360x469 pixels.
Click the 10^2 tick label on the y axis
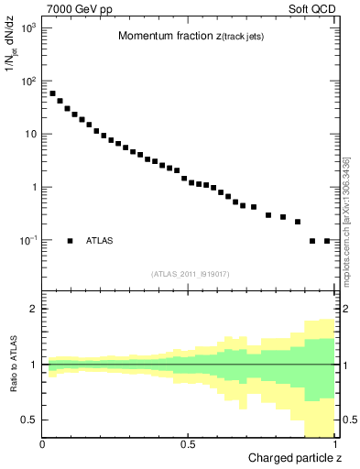point(27,82)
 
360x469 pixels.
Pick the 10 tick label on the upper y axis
point(30,135)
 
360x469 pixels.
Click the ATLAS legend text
point(100,241)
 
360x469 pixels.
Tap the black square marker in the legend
point(71,241)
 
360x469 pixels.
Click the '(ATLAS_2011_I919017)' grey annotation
point(189,274)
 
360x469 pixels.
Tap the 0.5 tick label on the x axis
point(188,444)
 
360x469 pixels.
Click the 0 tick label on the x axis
point(43,444)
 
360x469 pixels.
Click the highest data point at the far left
point(52,93)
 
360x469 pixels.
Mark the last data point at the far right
point(327,241)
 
